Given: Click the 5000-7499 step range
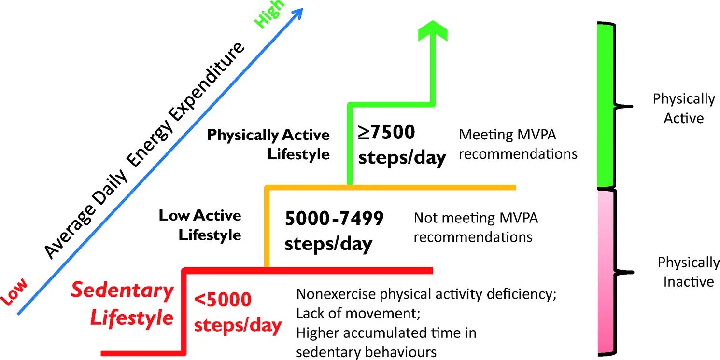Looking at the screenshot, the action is point(334,219).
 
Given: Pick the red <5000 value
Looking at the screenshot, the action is point(223,300).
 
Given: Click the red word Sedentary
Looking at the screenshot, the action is point(122,291).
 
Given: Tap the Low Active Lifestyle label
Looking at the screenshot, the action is point(200,225).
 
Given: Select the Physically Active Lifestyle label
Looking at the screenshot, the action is point(268,144).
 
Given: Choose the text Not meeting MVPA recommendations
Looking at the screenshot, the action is point(475,227).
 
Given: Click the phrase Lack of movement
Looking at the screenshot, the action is point(358,313).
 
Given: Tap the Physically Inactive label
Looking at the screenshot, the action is point(688,272).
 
